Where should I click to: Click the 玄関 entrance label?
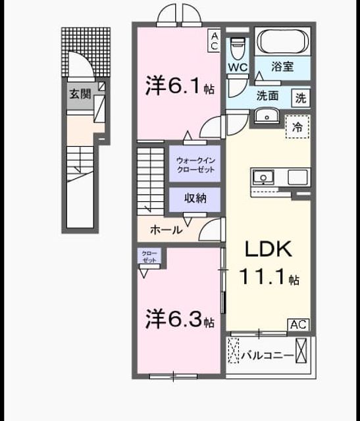(80, 94)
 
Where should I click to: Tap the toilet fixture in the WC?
(238, 48)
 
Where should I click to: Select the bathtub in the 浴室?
(282, 41)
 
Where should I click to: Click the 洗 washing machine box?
(301, 98)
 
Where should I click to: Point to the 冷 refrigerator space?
(297, 127)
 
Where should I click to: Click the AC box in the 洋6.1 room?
(214, 41)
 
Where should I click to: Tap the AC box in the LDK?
(298, 325)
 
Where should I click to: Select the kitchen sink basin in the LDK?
(263, 178)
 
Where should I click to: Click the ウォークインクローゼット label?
(195, 165)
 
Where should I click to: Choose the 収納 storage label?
(195, 198)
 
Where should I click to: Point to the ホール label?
(167, 230)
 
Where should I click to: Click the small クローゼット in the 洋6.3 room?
(149, 257)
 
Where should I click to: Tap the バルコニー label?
(267, 356)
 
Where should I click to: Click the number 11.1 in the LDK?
(262, 276)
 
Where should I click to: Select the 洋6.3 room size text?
(180, 318)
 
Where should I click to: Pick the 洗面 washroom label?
(267, 96)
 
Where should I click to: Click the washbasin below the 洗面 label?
(267, 116)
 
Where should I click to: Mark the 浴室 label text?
(282, 66)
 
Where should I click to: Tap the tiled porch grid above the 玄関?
(86, 53)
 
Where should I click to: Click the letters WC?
(238, 67)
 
